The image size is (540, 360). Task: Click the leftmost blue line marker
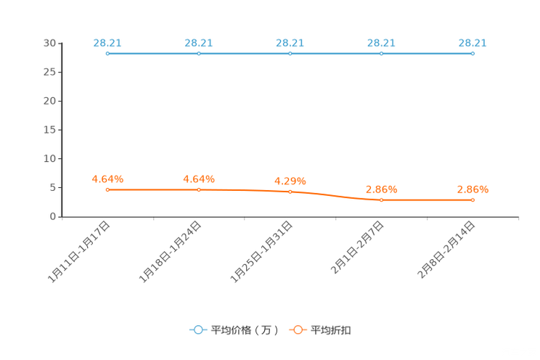pos(107,53)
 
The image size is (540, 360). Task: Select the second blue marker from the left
pos(199,53)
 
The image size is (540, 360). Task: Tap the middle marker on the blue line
pos(290,53)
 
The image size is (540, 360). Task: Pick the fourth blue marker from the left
pos(381,53)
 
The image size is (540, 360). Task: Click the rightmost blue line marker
pos(472,53)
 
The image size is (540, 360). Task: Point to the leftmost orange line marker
pos(107,189)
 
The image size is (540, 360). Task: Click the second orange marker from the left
pos(199,189)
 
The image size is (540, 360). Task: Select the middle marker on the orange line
pos(290,192)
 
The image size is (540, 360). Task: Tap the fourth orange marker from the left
pos(381,200)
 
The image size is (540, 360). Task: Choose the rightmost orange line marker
pos(472,200)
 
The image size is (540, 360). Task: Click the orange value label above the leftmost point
pos(107,179)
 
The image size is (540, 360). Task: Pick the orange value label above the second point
pos(199,179)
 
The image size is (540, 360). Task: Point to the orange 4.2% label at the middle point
pos(290,181)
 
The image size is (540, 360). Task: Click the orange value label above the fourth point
pos(381,189)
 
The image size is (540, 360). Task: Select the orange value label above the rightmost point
pos(472,189)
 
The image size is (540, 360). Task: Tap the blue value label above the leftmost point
pos(107,43)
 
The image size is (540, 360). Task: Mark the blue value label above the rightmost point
pos(472,43)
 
